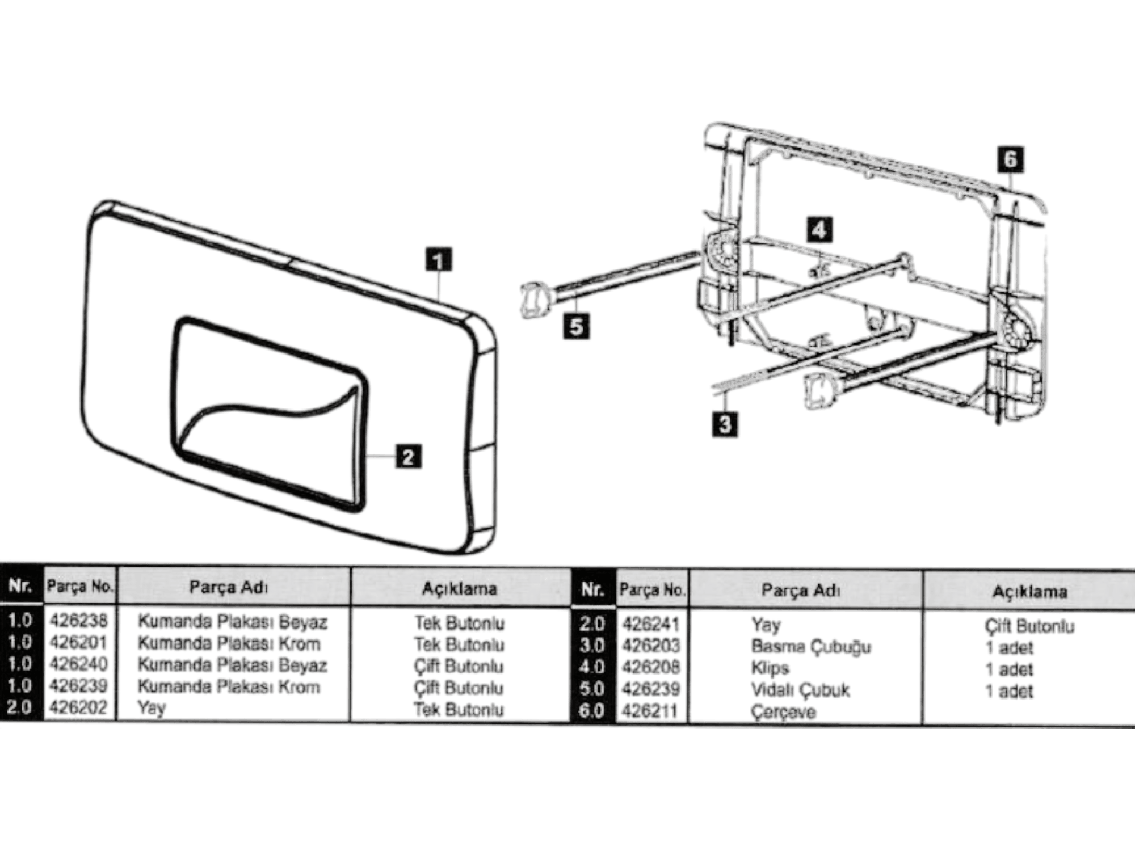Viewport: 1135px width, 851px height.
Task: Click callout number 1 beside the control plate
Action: (439, 259)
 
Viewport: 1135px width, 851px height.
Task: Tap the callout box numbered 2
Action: (409, 457)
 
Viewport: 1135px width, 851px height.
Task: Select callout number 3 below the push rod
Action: (725, 424)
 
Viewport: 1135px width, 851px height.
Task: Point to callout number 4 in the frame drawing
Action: (819, 230)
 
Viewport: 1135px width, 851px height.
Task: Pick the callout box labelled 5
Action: (577, 327)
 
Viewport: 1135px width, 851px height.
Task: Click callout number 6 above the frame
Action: (1011, 159)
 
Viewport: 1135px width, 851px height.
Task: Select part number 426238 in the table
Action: (78, 620)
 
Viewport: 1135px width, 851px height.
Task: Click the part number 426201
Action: (78, 642)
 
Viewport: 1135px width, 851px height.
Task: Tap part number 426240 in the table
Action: (78, 664)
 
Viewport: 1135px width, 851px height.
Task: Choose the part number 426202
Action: (78, 707)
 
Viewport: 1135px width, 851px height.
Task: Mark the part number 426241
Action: (651, 624)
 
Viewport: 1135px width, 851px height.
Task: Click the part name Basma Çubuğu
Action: (811, 647)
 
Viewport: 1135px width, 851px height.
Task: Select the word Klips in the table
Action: (770, 668)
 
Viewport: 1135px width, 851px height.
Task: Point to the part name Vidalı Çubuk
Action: (800, 690)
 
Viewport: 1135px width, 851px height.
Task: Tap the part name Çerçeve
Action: (783, 712)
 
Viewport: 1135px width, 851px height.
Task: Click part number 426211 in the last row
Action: (651, 711)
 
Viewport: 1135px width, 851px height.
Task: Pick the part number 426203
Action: (651, 646)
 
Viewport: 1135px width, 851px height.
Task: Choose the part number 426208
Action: (651, 667)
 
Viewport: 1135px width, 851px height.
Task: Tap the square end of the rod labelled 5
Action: (535, 300)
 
